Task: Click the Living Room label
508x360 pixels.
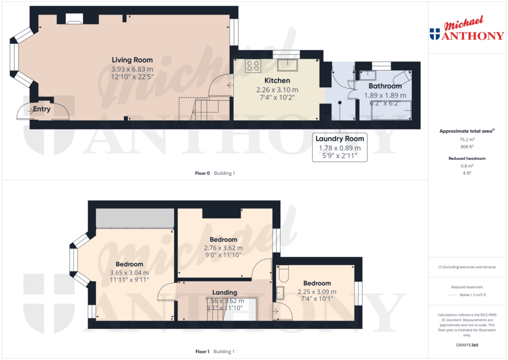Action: pos(132,60)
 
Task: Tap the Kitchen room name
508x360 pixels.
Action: pos(277,80)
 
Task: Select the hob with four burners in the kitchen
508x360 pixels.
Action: pos(253,66)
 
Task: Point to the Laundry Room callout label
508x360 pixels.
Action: pos(340,139)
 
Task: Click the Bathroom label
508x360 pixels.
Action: pos(385,86)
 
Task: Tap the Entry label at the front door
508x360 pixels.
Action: pos(42,109)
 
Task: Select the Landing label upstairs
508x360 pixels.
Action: pos(225,292)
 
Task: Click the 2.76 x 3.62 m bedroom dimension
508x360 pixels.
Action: pos(224,248)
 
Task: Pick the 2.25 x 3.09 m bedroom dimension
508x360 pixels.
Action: pos(317,292)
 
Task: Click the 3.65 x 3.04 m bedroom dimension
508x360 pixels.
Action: pos(129,273)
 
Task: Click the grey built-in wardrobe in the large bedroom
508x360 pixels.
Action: pos(135,218)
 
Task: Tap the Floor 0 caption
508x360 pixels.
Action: pos(202,173)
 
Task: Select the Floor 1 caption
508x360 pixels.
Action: pos(202,352)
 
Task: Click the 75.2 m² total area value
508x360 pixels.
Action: pos(467,140)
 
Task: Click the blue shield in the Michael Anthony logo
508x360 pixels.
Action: pos(435,34)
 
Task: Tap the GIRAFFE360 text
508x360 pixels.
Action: pos(467,345)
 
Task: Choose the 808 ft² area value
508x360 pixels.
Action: pos(467,147)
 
